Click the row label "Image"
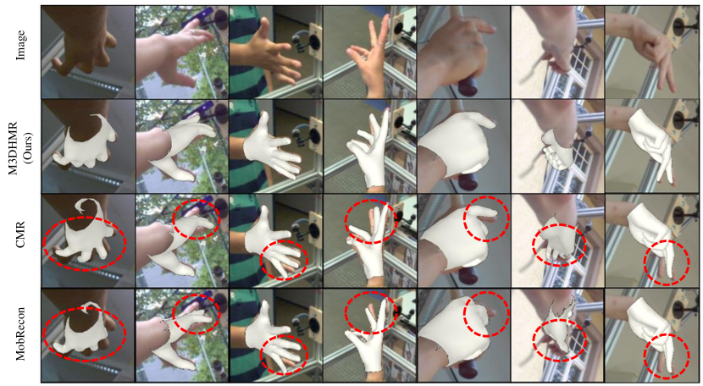pos(20,45)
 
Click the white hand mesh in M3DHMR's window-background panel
pos(558,150)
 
